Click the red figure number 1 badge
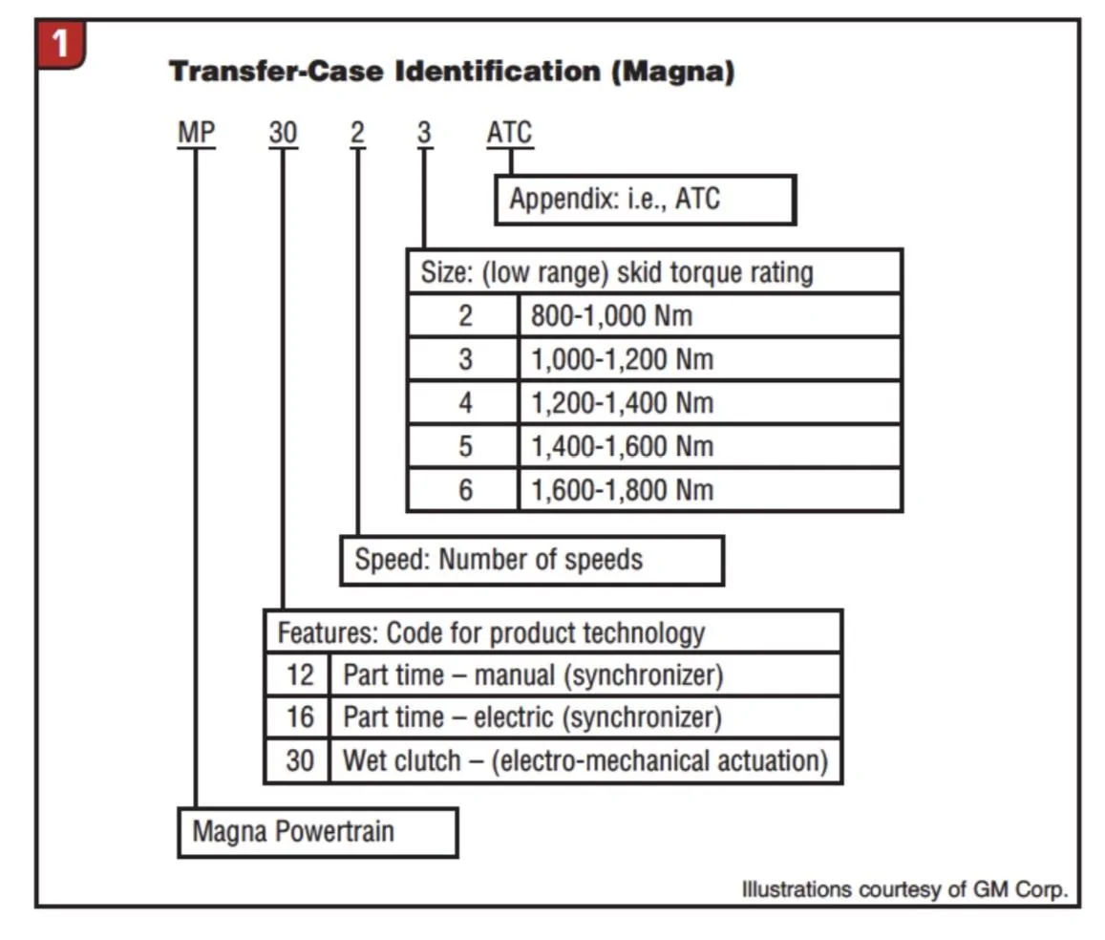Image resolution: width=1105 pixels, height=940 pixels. [60, 44]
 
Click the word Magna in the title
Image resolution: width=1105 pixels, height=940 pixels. [672, 72]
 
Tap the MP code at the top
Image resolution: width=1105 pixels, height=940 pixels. [196, 133]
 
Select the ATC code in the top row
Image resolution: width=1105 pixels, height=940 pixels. [509, 133]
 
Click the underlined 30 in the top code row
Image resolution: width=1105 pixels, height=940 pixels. [284, 133]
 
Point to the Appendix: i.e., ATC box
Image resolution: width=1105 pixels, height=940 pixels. [646, 200]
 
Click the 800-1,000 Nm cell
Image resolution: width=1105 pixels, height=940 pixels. [710, 315]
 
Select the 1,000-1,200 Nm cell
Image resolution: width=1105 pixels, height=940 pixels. [710, 359]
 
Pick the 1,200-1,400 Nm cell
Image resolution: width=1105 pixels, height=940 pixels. [710, 403]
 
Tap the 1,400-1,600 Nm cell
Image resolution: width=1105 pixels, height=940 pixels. [710, 447]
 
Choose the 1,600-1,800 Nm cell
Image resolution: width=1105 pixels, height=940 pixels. [710, 490]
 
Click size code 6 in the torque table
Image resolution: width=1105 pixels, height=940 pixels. [464, 490]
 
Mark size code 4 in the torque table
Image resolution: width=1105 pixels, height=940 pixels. [464, 403]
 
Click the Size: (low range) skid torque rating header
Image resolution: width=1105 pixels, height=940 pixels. [654, 272]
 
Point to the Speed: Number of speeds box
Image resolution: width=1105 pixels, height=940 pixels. [532, 560]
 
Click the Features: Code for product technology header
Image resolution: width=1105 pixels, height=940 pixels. [553, 632]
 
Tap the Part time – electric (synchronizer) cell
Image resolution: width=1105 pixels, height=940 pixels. [584, 717]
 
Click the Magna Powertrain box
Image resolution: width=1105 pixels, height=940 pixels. [318, 832]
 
